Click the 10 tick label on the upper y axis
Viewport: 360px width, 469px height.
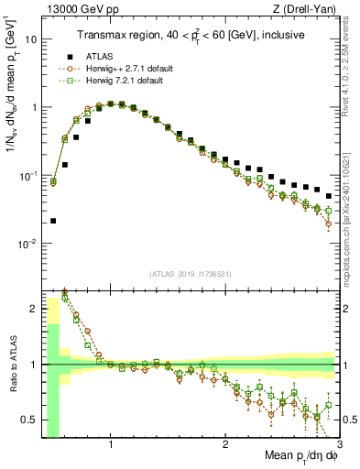[30, 39]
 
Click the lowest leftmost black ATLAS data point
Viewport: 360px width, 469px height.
[53, 221]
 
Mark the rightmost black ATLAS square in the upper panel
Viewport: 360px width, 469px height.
[329, 196]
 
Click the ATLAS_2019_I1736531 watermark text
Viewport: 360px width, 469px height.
[190, 274]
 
